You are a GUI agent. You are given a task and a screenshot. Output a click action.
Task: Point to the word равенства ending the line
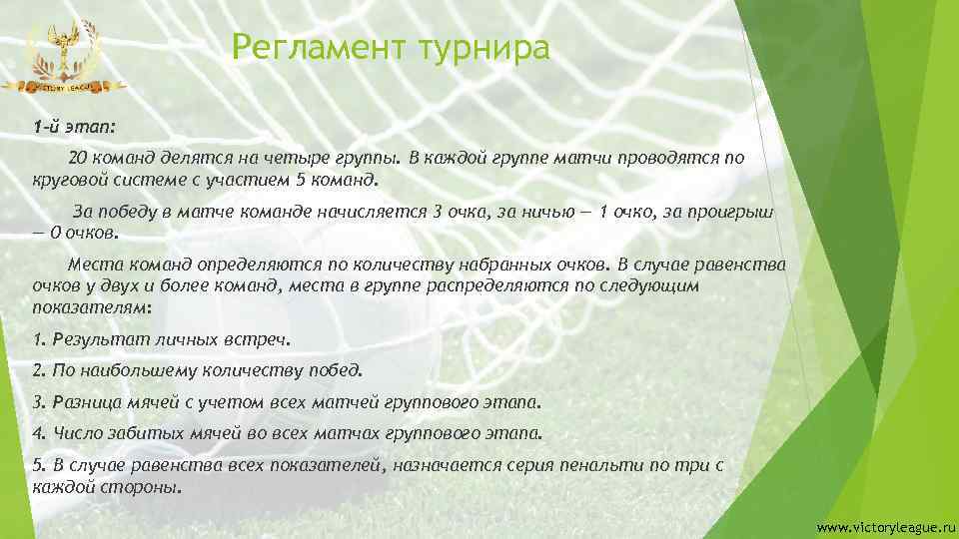(739, 266)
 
